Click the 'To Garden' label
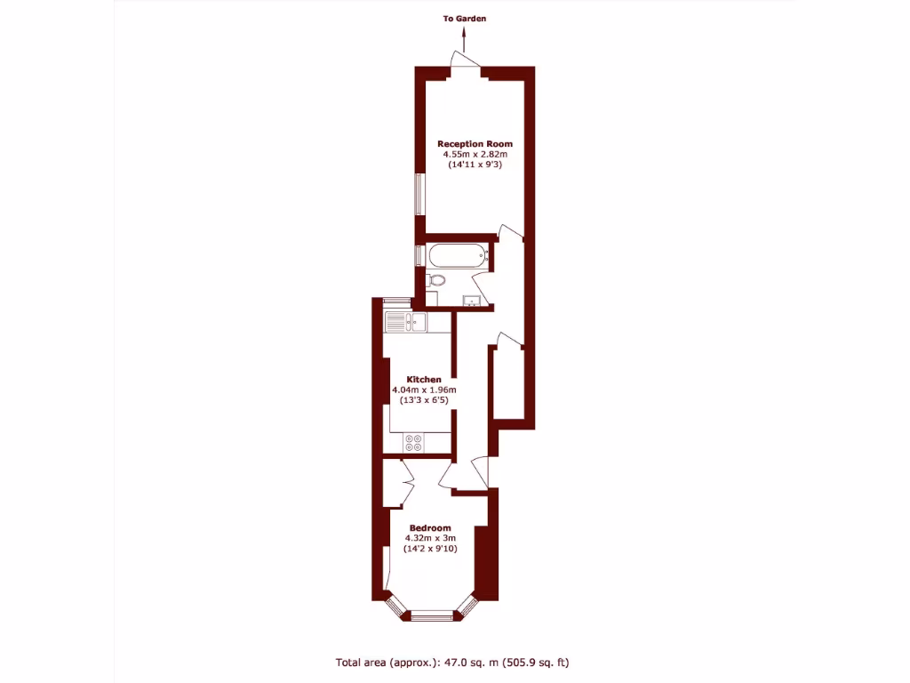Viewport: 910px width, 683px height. pos(465,18)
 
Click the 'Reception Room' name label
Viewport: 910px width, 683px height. pos(475,143)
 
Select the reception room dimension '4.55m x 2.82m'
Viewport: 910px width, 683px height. pos(475,154)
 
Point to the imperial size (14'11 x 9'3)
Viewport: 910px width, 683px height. pos(475,165)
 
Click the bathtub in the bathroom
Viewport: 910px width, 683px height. pos(457,256)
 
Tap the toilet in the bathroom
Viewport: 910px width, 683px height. pos(435,281)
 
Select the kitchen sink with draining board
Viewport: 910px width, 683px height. pos(406,322)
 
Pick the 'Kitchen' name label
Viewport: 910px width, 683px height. pos(424,379)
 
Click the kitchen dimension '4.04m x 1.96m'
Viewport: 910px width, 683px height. pos(424,390)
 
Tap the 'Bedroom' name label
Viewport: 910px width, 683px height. pos(430,527)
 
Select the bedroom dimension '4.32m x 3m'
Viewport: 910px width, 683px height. pos(430,538)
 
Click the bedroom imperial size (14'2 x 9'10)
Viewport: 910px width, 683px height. pos(430,549)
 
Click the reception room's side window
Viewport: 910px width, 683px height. pos(419,194)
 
